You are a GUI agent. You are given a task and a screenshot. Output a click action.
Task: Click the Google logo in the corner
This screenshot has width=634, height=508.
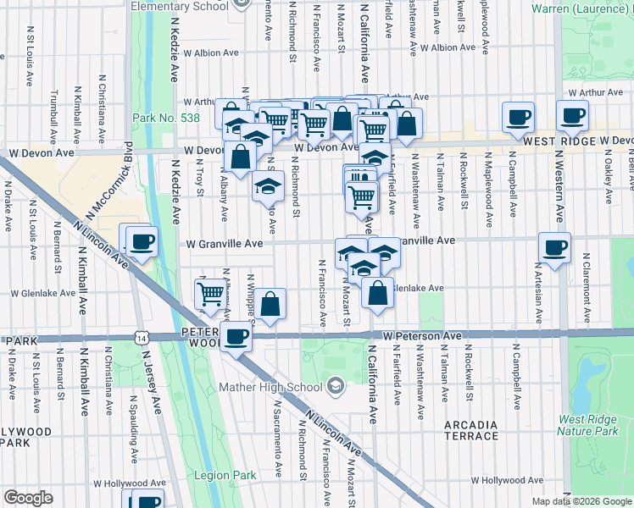(28, 498)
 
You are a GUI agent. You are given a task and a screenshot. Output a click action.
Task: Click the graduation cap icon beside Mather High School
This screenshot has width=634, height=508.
(336, 387)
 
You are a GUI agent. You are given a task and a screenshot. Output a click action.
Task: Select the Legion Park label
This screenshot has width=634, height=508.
(226, 475)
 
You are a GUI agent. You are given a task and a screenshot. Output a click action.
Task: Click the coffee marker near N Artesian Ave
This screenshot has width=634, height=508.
(555, 248)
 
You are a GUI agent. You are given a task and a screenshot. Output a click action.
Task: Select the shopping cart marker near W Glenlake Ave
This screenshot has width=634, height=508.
(210, 294)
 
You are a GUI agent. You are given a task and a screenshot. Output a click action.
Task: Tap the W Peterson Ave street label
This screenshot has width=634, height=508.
(421, 336)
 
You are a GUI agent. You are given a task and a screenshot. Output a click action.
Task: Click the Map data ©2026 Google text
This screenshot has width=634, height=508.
(581, 501)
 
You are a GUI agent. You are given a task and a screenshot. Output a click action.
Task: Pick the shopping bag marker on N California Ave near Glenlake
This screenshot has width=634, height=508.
(377, 293)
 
